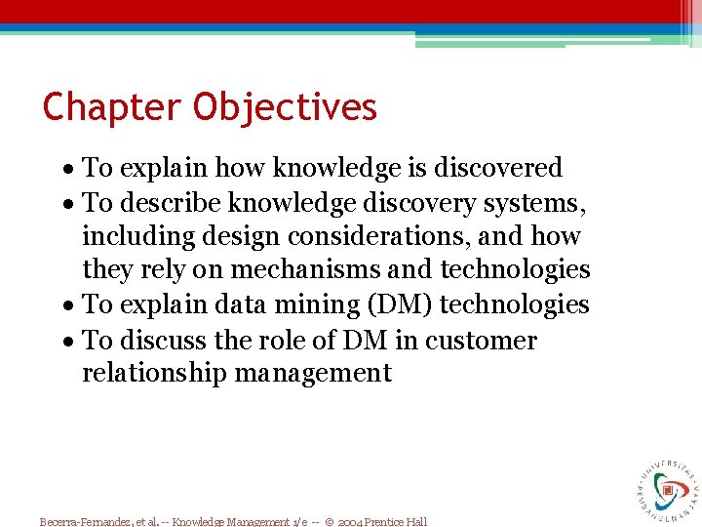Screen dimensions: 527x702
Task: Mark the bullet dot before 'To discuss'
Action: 72,342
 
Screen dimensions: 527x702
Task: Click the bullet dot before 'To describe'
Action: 72,204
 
